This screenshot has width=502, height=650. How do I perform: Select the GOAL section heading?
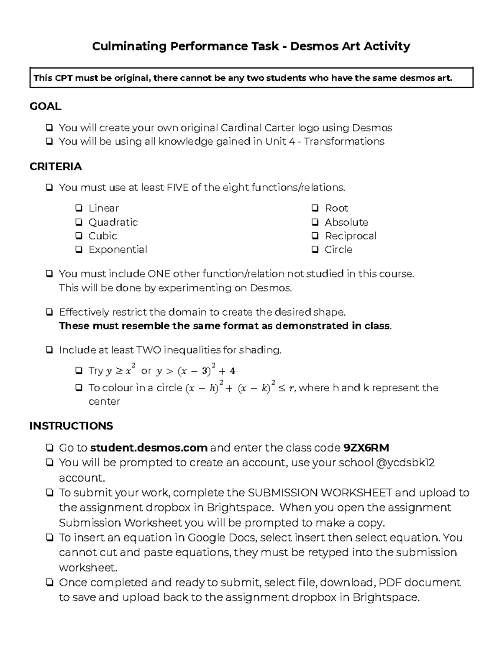tap(45, 106)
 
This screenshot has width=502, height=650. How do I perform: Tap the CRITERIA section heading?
tap(55, 167)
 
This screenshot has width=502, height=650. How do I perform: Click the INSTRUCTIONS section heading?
tap(71, 426)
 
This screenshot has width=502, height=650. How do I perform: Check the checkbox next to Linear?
tap(79, 208)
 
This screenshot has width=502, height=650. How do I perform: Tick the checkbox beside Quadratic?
tap(79, 222)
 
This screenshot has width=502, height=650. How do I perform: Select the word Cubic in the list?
tap(102, 236)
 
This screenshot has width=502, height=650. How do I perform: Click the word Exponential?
tap(118, 249)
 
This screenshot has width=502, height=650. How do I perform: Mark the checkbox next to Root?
tap(315, 208)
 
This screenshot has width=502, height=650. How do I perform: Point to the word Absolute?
tap(346, 222)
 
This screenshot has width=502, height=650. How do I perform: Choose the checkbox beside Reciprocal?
tap(315, 236)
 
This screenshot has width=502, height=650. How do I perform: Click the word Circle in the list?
tap(338, 249)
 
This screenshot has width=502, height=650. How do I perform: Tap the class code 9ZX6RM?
tap(366, 448)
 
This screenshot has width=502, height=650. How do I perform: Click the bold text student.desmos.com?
tap(149, 448)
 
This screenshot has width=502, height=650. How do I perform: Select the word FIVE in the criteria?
tap(178, 188)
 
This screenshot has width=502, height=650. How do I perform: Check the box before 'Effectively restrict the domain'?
tap(49, 312)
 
